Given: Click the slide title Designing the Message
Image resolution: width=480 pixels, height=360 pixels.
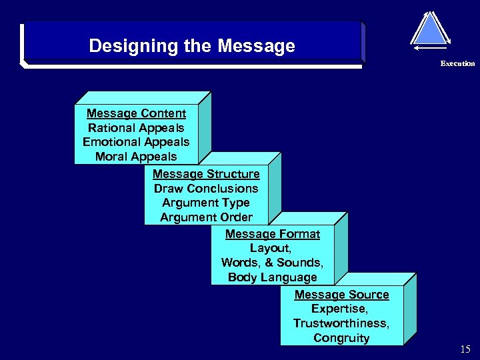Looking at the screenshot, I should [x=191, y=46].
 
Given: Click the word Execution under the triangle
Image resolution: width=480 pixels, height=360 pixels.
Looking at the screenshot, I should [x=457, y=64].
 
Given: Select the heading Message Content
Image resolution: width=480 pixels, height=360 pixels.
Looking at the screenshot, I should [x=136, y=113].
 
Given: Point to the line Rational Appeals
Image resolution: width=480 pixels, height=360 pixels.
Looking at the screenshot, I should [x=136, y=128].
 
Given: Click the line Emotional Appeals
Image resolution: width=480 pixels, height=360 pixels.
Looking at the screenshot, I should [x=136, y=142].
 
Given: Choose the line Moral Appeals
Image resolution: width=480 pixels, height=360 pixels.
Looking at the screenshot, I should [x=136, y=157].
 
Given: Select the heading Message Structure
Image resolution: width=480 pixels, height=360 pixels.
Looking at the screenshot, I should [x=206, y=174].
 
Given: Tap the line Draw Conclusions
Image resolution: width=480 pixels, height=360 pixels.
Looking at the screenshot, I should [x=206, y=189].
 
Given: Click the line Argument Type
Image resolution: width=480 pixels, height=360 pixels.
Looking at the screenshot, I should [x=206, y=203].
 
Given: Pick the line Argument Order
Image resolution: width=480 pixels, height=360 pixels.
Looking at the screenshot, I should [x=206, y=217].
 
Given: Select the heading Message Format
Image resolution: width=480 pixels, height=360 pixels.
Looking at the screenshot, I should [x=272, y=234].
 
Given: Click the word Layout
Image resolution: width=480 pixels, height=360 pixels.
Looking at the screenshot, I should [x=270, y=248].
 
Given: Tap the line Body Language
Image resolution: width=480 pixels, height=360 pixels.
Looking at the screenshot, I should [x=272, y=277].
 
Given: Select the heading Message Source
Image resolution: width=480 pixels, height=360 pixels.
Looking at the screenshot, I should [x=341, y=295].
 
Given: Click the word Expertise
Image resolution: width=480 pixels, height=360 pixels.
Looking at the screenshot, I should [x=339, y=309].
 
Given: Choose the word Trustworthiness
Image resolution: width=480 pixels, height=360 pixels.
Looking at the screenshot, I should [x=341, y=323].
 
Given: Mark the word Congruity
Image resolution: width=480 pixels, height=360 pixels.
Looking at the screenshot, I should [x=341, y=338].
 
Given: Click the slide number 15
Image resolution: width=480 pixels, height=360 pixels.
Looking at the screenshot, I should [x=465, y=349].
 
